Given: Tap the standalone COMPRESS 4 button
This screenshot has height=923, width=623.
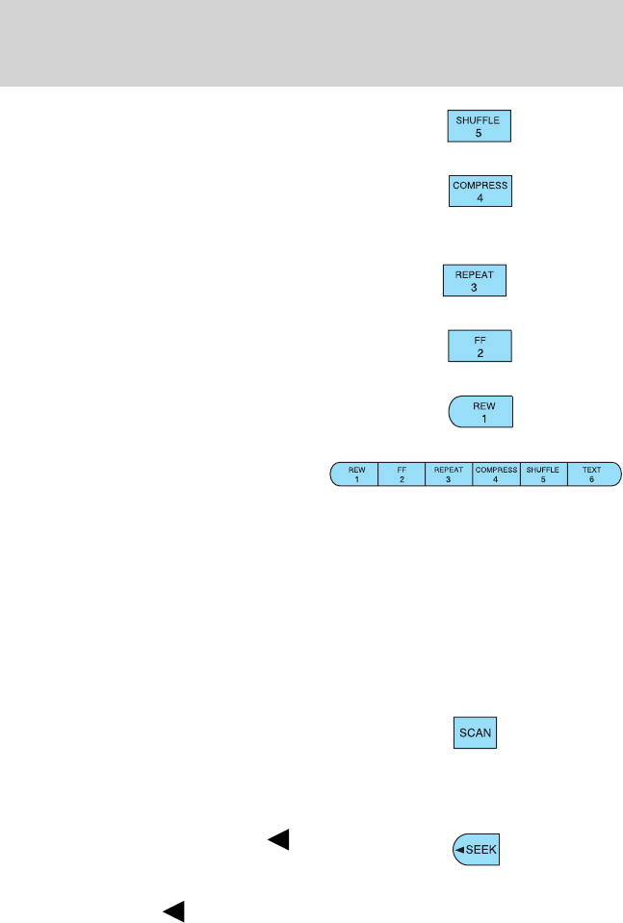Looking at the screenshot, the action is [480, 190].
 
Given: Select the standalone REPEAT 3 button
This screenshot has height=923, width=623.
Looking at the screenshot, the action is [473, 280].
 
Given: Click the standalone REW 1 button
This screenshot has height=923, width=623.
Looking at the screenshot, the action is [481, 411].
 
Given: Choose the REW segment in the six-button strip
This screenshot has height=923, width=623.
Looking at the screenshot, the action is [355, 474].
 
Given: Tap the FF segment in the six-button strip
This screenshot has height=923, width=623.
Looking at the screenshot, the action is [402, 474].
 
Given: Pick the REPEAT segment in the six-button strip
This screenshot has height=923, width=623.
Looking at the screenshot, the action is [449, 474].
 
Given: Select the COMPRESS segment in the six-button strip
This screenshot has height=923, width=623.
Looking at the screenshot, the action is [496, 474].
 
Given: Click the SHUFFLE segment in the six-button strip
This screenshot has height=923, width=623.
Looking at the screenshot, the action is [543, 474].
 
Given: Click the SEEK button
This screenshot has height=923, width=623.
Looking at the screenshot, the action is [477, 851].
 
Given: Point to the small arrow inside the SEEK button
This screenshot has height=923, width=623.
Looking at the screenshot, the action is [459, 851].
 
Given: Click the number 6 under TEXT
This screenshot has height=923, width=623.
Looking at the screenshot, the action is [590, 479].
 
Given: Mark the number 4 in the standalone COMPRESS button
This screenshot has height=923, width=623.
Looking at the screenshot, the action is [480, 197].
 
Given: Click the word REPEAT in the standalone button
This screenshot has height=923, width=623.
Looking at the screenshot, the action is [473, 273].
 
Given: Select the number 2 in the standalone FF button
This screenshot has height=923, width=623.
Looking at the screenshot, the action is [480, 353].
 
